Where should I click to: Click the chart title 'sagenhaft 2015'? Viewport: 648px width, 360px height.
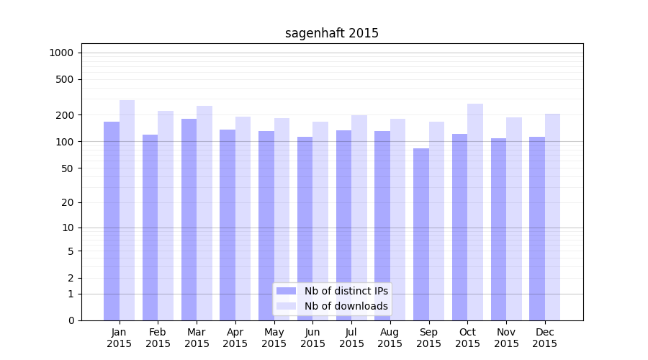click(x=331, y=33)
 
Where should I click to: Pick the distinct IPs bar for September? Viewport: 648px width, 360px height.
click(x=421, y=234)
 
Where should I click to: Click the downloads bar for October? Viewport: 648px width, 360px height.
click(x=475, y=212)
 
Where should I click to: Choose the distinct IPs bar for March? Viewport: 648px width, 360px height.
click(x=189, y=220)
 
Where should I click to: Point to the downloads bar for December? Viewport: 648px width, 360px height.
click(x=552, y=217)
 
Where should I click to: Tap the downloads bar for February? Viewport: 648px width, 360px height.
click(x=166, y=215)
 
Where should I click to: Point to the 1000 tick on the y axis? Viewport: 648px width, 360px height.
click(x=61, y=53)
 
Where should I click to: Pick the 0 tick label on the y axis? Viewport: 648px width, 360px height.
click(x=71, y=320)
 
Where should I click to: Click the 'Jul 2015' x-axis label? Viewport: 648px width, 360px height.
click(x=351, y=338)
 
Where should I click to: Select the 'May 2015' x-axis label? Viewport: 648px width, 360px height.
click(x=274, y=338)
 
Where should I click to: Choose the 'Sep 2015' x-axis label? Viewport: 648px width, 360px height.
click(x=428, y=338)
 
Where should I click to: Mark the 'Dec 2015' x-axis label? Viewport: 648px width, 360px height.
click(x=544, y=338)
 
